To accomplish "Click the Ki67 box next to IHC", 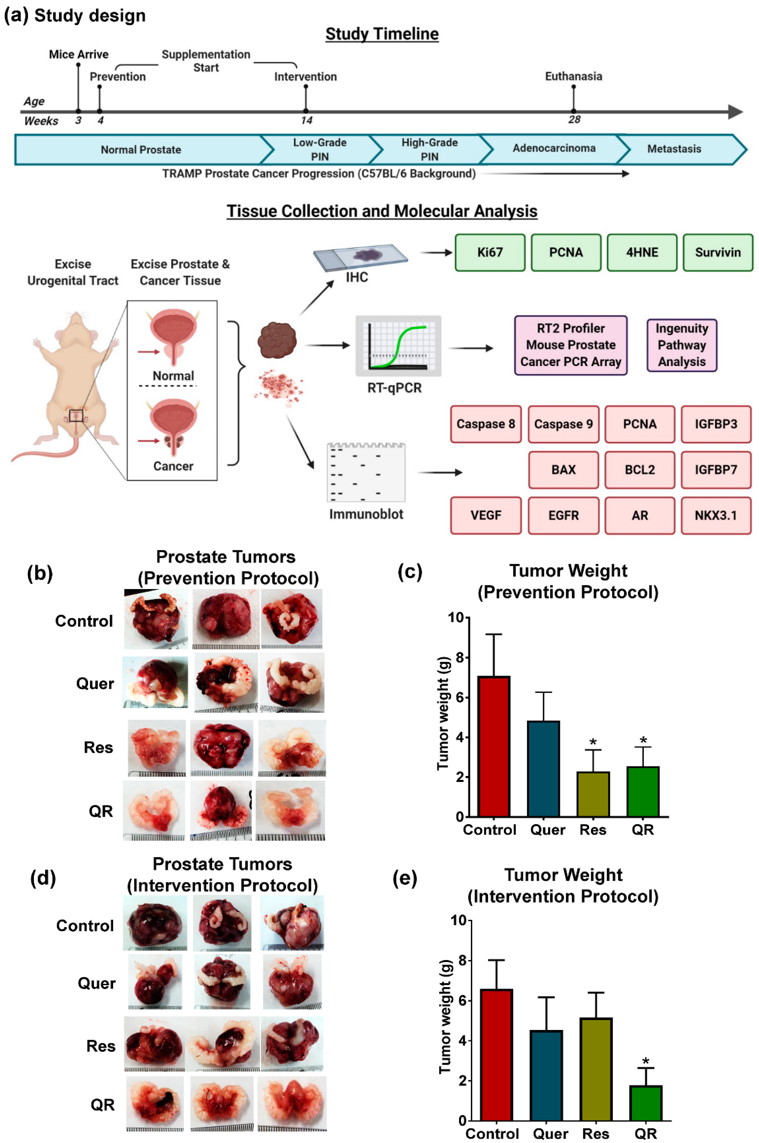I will click(490, 252).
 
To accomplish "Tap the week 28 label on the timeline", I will click(574, 120).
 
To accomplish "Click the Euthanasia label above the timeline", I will click(574, 76).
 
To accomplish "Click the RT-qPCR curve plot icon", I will click(398, 345).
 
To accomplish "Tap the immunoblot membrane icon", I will click(366, 472).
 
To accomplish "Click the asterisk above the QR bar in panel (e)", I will click(646, 1062).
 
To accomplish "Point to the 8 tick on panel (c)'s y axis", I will click(459, 657).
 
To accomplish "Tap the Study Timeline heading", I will click(382, 34).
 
